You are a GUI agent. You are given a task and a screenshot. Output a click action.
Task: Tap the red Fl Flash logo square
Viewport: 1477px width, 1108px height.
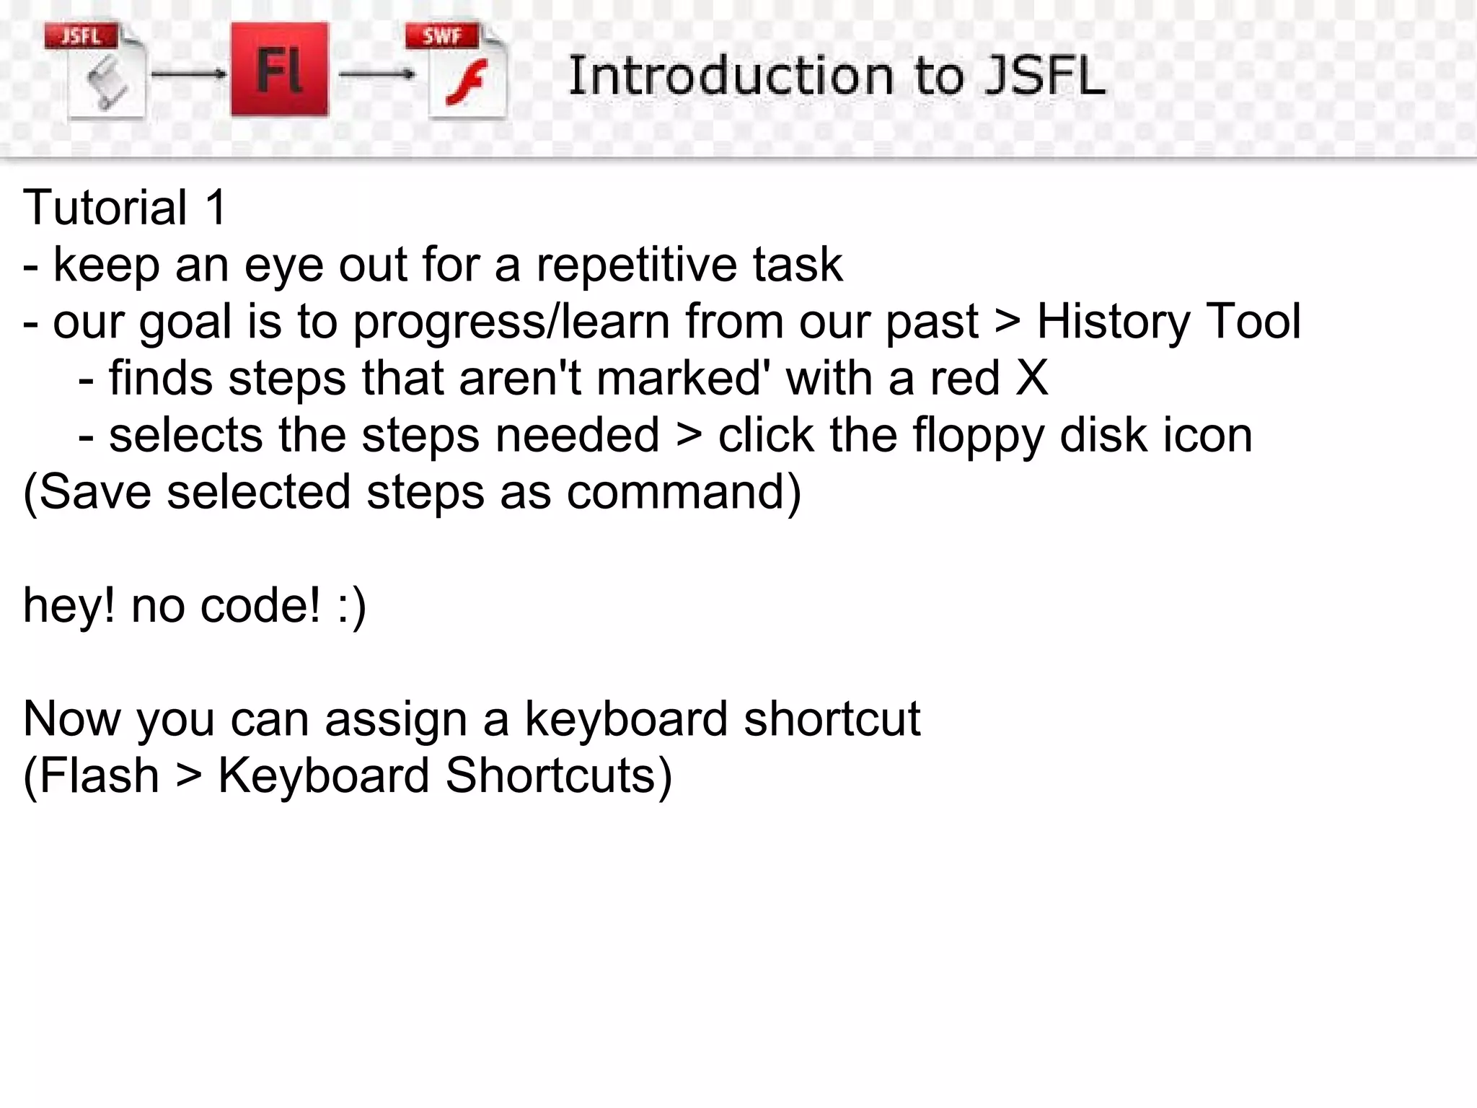coord(279,69)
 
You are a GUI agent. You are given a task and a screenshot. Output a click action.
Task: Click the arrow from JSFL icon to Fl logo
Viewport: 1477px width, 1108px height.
coord(188,74)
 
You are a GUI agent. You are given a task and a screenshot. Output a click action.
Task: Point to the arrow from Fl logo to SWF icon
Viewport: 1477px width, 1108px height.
coord(376,74)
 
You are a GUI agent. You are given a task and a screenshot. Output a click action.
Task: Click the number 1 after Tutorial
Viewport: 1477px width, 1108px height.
coord(216,208)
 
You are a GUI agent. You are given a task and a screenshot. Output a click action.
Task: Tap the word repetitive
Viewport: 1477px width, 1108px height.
coord(635,264)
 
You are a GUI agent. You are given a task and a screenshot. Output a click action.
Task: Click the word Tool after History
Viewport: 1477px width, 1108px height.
coord(1253,321)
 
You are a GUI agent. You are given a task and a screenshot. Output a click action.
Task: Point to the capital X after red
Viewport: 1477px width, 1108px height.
coord(1031,377)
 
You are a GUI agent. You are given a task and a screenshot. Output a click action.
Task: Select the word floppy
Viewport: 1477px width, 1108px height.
coord(978,435)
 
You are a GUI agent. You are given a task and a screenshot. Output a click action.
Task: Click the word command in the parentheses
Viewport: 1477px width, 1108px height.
coord(676,492)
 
